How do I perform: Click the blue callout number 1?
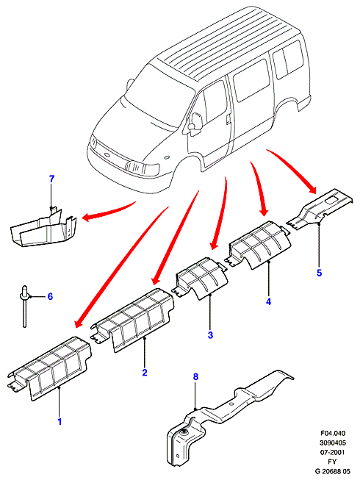[60, 421]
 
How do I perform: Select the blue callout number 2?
[145, 372]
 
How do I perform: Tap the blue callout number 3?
[210, 335]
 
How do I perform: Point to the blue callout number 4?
[268, 301]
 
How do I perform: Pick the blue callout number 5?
[320, 273]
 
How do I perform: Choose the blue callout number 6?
[50, 296]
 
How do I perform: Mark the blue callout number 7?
[51, 179]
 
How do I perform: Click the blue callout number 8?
[195, 376]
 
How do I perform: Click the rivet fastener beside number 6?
[24, 306]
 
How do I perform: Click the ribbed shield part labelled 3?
[202, 277]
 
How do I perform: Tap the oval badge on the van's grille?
[107, 154]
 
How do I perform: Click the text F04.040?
[333, 433]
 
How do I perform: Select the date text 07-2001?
[333, 452]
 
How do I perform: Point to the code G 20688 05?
[333, 471]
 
